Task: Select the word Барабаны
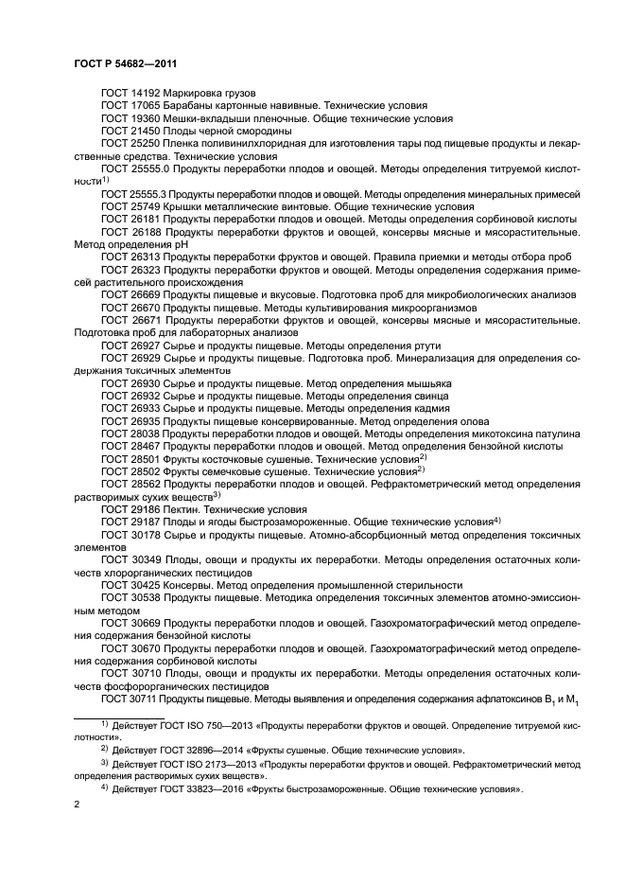tap(193, 107)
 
